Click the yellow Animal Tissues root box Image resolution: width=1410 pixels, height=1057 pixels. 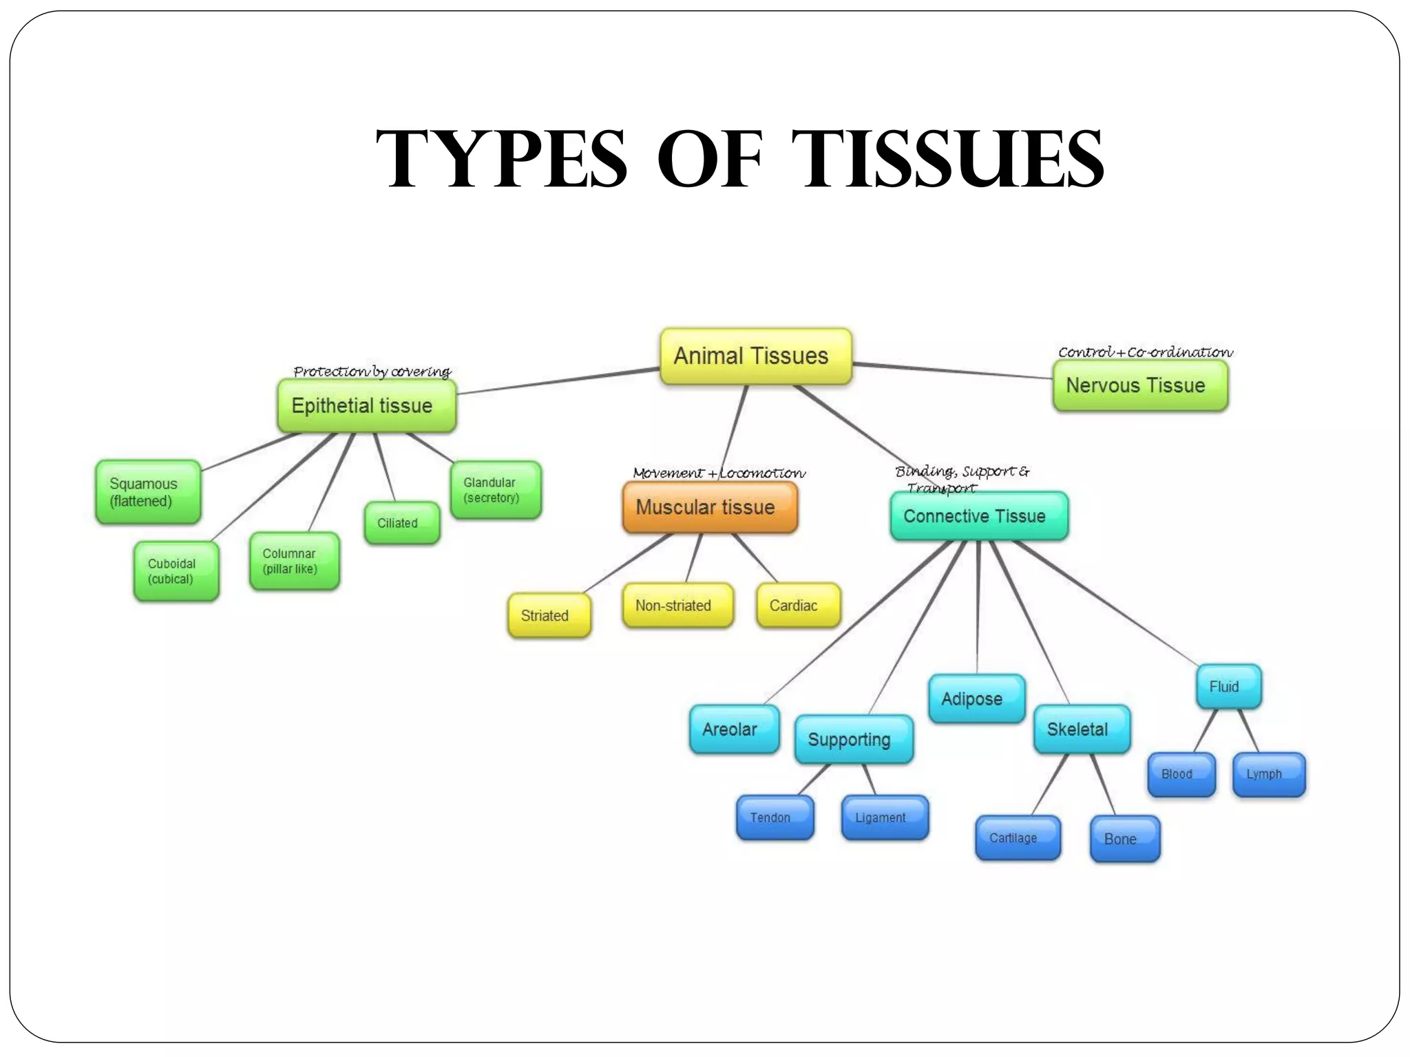tap(755, 356)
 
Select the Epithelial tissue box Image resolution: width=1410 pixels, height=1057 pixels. tap(366, 406)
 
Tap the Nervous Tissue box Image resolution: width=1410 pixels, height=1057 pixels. tap(1139, 385)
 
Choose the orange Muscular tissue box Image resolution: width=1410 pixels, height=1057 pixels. tap(709, 507)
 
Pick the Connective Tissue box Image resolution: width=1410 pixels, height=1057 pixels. tap(978, 516)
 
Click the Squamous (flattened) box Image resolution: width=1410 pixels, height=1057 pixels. tap(148, 492)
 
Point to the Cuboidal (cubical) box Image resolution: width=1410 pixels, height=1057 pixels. tap(176, 571)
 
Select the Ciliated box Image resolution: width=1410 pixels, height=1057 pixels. tap(401, 523)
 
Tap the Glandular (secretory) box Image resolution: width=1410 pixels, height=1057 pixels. tap(496, 490)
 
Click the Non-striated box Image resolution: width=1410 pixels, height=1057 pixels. tap(677, 606)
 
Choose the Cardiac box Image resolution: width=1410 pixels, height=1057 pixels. tap(797, 606)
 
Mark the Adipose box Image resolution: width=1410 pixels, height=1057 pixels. tap(976, 699)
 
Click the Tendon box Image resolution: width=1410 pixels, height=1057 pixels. tap(775, 818)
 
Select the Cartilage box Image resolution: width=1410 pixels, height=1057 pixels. tap(1018, 838)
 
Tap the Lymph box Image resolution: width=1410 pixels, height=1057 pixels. tap(1268, 774)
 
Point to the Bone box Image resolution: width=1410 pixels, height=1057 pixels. tap(1124, 839)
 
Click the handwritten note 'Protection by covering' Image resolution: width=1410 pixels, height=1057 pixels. tap(372, 372)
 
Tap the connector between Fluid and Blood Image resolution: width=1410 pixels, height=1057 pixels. tap(1205, 731)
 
